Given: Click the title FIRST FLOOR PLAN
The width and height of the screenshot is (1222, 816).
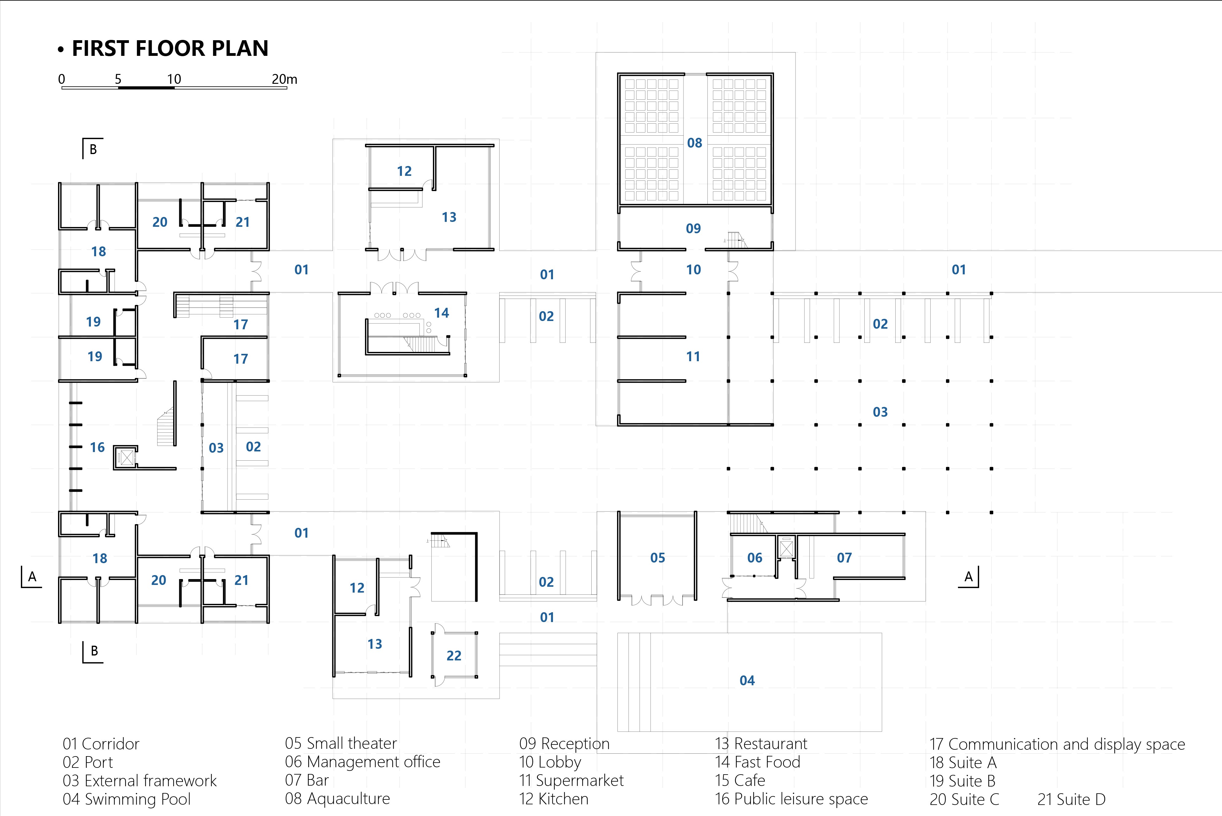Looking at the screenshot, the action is [x=170, y=48].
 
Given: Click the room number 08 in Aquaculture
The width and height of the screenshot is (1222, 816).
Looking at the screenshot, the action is [x=695, y=143].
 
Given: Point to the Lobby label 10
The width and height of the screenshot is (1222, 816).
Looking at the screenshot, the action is [x=694, y=269].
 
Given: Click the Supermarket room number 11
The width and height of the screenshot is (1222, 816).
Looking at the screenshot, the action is [x=693, y=357].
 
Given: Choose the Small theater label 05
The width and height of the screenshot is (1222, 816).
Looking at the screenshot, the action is [x=658, y=558].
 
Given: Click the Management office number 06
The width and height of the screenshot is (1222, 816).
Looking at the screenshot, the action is [x=755, y=558].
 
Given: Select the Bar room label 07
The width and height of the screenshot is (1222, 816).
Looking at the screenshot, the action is [x=845, y=558].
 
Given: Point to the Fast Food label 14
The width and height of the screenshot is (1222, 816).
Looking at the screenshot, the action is [x=442, y=313].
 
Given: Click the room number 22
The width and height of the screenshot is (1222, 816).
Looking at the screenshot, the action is [x=454, y=656].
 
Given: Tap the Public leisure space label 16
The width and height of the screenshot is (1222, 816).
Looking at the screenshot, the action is [x=97, y=447].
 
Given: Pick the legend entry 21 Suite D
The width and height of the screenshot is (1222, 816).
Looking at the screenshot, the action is [x=1072, y=799].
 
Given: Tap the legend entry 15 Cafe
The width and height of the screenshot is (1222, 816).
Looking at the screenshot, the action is [x=740, y=781].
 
